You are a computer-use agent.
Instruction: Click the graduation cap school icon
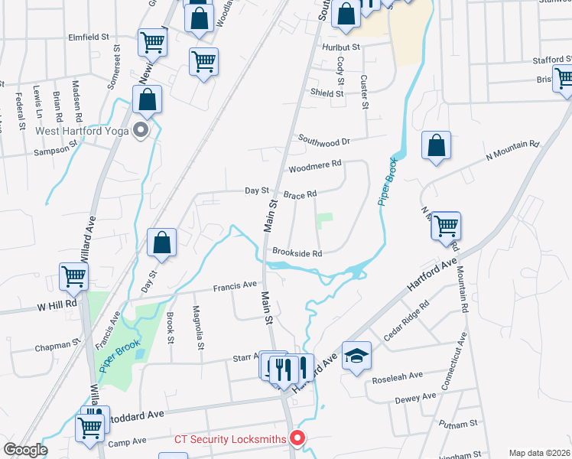point(356,356)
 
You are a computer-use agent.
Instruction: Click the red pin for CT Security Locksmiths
point(297,438)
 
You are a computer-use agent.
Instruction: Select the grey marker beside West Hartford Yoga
point(140,130)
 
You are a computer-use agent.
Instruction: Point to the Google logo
point(24,450)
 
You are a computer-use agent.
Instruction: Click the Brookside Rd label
point(297,253)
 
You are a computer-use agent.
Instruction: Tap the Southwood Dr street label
point(323,141)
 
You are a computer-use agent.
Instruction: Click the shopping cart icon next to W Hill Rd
point(73,276)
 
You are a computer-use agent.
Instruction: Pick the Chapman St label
point(57,347)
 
